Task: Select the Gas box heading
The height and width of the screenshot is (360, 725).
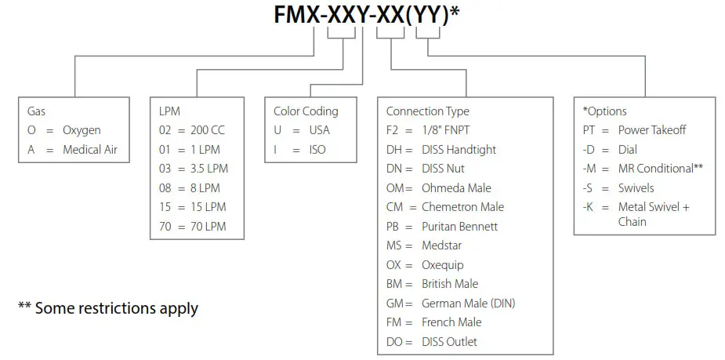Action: click(36, 111)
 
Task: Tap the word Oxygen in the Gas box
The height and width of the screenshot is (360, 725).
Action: click(82, 130)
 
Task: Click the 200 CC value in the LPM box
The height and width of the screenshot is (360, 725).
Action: click(207, 130)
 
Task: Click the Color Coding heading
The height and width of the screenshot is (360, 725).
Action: click(306, 111)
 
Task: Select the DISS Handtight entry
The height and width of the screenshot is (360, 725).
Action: click(459, 149)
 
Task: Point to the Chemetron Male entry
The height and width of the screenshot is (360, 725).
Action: click(462, 207)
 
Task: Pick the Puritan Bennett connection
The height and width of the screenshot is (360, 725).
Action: click(459, 226)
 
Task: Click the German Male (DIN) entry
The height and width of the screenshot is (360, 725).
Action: click(468, 303)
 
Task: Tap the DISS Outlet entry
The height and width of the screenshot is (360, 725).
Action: click(449, 341)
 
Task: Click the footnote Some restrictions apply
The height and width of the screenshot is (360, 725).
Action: click(107, 308)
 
